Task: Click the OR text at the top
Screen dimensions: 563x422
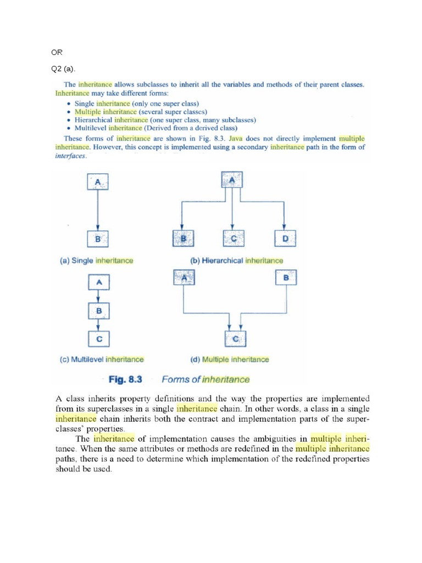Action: [57, 52]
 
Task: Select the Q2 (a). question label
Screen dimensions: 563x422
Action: [62, 69]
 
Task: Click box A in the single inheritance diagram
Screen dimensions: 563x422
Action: [97, 181]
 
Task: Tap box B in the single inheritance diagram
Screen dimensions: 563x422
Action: [98, 239]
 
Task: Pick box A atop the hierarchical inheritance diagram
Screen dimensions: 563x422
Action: [232, 180]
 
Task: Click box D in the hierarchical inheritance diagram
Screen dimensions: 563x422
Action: [285, 239]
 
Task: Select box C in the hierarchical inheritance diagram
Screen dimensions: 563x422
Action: [234, 239]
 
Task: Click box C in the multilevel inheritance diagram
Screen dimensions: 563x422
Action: [99, 339]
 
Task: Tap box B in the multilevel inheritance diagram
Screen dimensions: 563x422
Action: [99, 311]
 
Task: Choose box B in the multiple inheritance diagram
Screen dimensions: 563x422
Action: [286, 278]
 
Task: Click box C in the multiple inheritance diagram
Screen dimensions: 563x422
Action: [235, 339]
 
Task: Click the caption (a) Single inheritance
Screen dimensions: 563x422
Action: [96, 260]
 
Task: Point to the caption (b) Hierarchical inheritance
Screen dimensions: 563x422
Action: [237, 260]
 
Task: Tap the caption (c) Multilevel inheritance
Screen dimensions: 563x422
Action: [102, 360]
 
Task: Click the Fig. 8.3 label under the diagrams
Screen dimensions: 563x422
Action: [125, 379]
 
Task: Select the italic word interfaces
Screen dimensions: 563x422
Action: [71, 156]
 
